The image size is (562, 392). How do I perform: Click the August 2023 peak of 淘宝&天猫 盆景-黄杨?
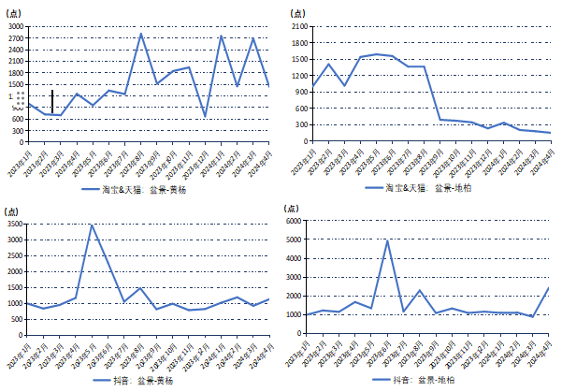tap(141, 35)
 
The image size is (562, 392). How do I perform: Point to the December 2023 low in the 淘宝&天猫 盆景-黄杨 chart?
tap(206, 116)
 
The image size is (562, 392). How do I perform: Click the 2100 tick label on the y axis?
tap(300, 26)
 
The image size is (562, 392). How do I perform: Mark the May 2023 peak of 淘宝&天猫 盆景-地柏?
tap(376, 54)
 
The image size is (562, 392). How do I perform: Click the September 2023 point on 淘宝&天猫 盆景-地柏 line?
tap(440, 119)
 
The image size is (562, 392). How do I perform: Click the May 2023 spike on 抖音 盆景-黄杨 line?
tap(92, 225)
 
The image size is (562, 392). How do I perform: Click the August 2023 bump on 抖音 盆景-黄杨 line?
tap(140, 288)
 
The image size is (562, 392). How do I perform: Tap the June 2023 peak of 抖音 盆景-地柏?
tap(387, 240)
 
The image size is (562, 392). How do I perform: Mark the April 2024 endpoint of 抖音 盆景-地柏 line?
tap(549, 288)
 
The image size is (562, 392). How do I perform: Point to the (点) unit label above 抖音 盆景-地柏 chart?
tap(294, 208)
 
